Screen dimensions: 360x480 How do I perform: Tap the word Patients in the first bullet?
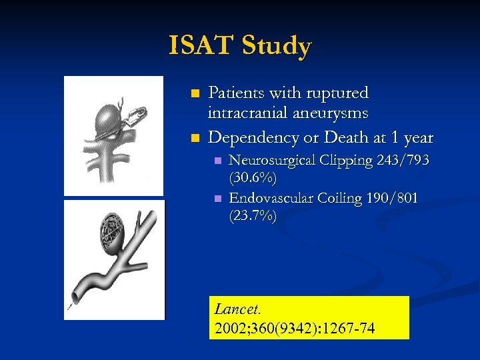(x=238, y=93)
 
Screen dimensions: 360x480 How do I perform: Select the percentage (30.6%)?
(x=253, y=179)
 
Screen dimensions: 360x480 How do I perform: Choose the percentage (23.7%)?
(x=253, y=216)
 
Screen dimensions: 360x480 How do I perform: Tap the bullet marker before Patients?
(x=195, y=93)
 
